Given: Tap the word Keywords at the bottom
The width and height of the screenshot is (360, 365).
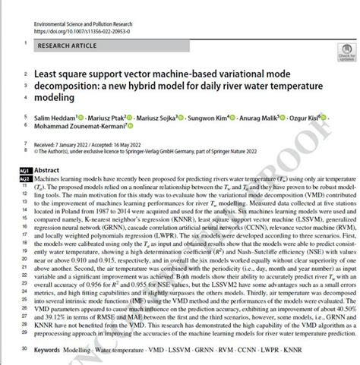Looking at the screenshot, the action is point(49,350).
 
